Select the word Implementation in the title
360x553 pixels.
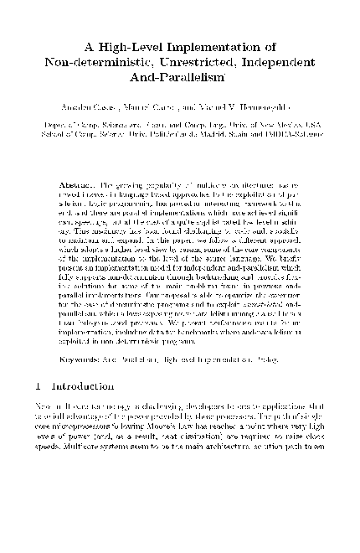coord(211,46)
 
